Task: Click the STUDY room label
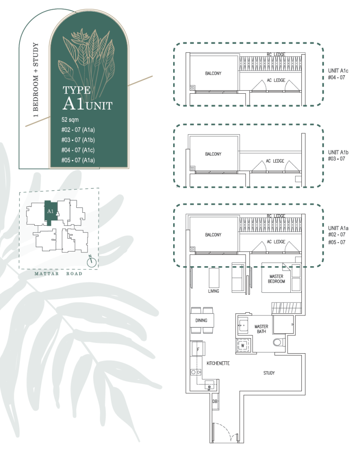[x=269, y=373]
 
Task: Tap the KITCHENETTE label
[x=218, y=363]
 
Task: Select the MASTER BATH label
[x=261, y=329]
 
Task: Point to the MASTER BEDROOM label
[x=276, y=279]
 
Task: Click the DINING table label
[x=201, y=320]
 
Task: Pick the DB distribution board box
[x=215, y=401]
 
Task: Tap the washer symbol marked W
[x=243, y=346]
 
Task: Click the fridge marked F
[x=198, y=349]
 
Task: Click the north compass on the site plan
[x=92, y=262]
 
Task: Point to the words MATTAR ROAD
[x=58, y=274]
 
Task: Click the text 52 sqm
[x=70, y=120]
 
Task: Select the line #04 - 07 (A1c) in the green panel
[x=78, y=150]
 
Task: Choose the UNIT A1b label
[x=338, y=152]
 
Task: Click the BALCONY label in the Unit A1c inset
[x=213, y=73]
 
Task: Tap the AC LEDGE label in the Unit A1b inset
[x=275, y=161]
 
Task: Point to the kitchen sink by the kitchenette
[x=209, y=385]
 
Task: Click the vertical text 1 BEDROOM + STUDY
[x=36, y=80]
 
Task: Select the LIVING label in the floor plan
[x=214, y=291]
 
